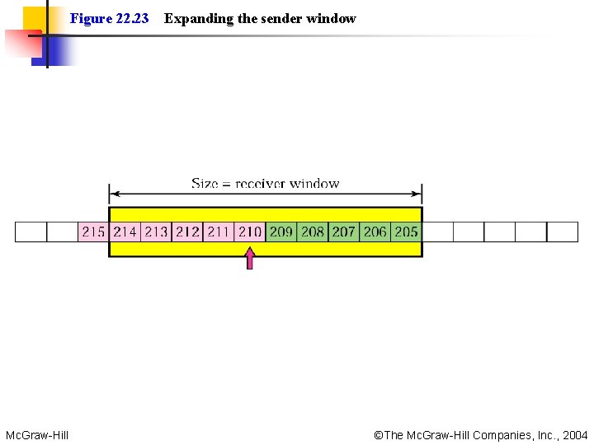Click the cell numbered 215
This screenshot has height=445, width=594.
[x=93, y=232]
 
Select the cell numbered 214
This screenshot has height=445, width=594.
[x=125, y=232]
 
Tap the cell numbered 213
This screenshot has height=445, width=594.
[x=156, y=232]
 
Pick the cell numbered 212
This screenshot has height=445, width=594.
[x=187, y=232]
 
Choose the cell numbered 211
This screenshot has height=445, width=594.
[x=219, y=232]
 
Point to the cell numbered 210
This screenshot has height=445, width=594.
[x=250, y=232]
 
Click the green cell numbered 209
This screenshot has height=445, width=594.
[x=281, y=232]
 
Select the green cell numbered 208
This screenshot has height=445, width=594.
[x=313, y=232]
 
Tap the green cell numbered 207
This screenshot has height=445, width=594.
[x=344, y=232]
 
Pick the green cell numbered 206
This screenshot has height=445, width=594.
[x=375, y=232]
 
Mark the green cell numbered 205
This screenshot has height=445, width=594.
[x=406, y=232]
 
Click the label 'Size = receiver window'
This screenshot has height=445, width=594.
[x=265, y=183]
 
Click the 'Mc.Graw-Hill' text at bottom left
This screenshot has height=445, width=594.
[x=37, y=434]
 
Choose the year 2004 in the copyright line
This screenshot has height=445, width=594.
[x=574, y=434]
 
